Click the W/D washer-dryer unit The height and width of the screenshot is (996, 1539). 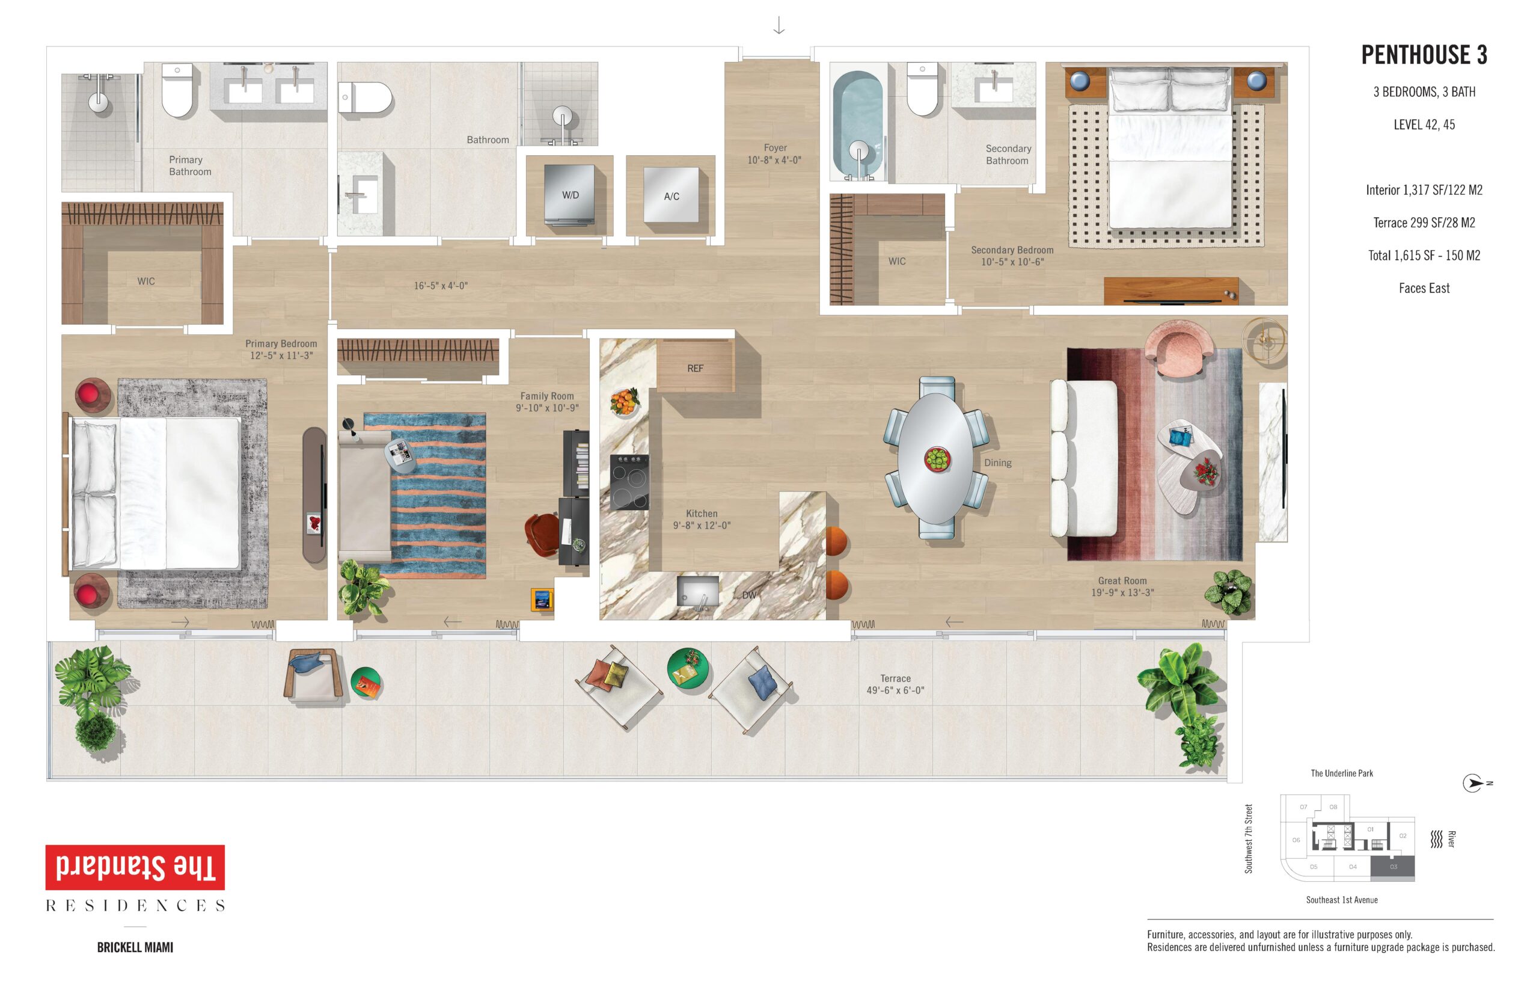click(x=569, y=195)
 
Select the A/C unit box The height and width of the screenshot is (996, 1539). click(x=671, y=195)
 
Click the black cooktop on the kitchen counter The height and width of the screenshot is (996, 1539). click(x=629, y=482)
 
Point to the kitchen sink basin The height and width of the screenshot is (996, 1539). click(x=697, y=592)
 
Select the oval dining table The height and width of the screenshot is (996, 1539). click(x=935, y=458)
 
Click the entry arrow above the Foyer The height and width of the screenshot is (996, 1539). click(x=779, y=25)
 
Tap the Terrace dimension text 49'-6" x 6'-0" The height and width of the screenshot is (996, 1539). click(x=895, y=690)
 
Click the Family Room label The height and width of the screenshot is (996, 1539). click(x=547, y=396)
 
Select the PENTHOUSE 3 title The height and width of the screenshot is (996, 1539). click(x=1424, y=55)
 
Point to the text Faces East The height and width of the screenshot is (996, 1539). click(x=1424, y=289)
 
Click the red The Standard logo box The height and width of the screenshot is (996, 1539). click(x=135, y=867)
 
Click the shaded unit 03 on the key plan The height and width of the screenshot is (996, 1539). click(x=1392, y=867)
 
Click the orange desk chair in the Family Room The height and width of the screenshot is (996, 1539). click(x=542, y=533)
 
